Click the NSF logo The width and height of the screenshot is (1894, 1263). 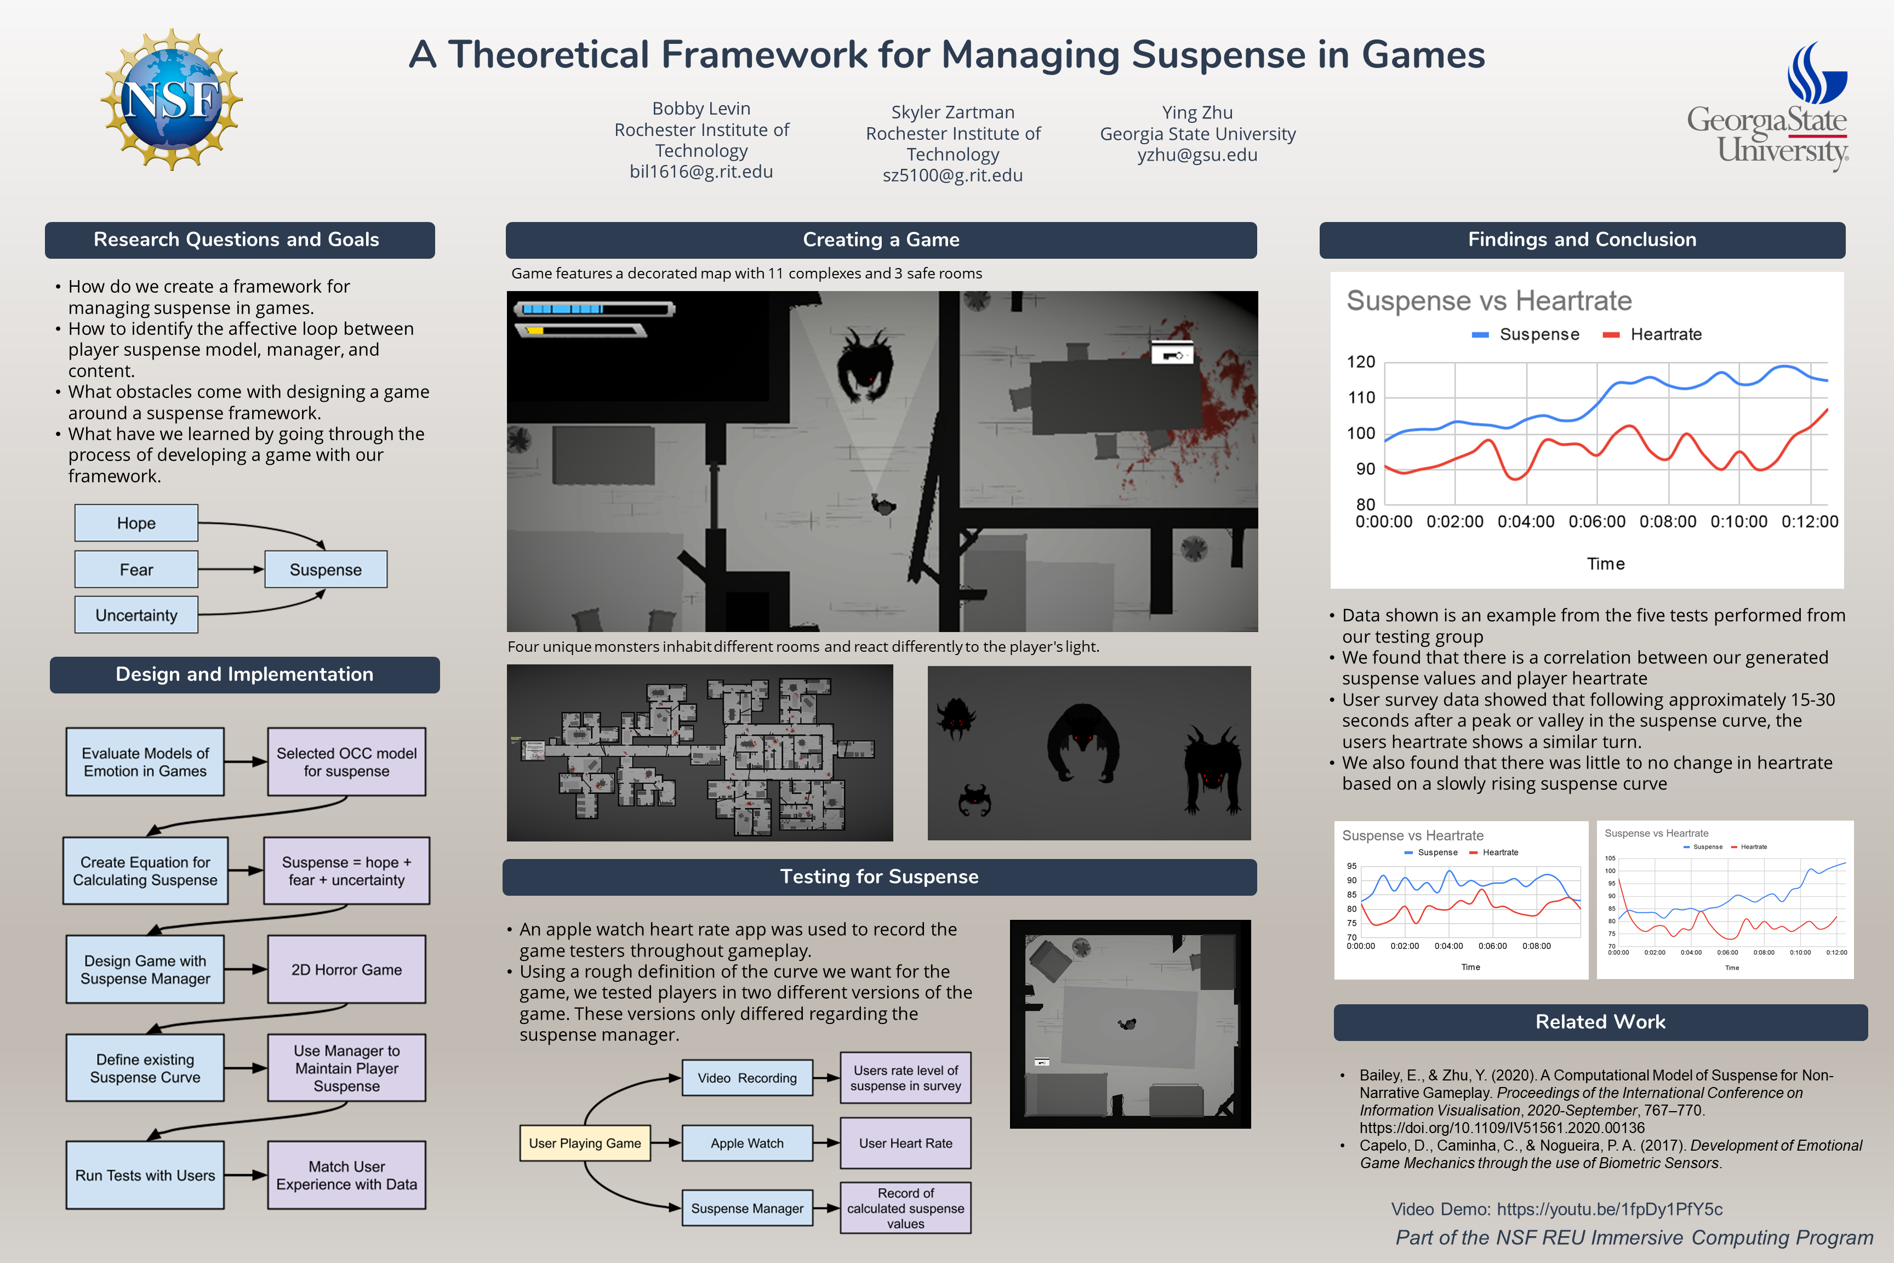tap(172, 99)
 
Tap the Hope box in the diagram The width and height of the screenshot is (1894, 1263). tap(136, 523)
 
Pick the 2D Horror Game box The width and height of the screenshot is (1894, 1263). tap(346, 970)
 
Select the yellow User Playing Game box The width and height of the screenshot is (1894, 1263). tap(585, 1143)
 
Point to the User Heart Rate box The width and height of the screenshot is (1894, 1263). tap(905, 1143)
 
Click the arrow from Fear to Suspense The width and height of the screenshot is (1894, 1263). tap(231, 570)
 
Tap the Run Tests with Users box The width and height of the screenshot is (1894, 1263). tap(145, 1175)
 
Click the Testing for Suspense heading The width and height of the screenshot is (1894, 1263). tap(880, 877)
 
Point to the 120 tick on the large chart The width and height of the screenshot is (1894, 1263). tap(1361, 362)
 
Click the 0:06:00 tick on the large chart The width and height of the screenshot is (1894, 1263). tap(1597, 522)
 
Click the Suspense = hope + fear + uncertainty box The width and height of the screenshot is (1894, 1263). tap(346, 871)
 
